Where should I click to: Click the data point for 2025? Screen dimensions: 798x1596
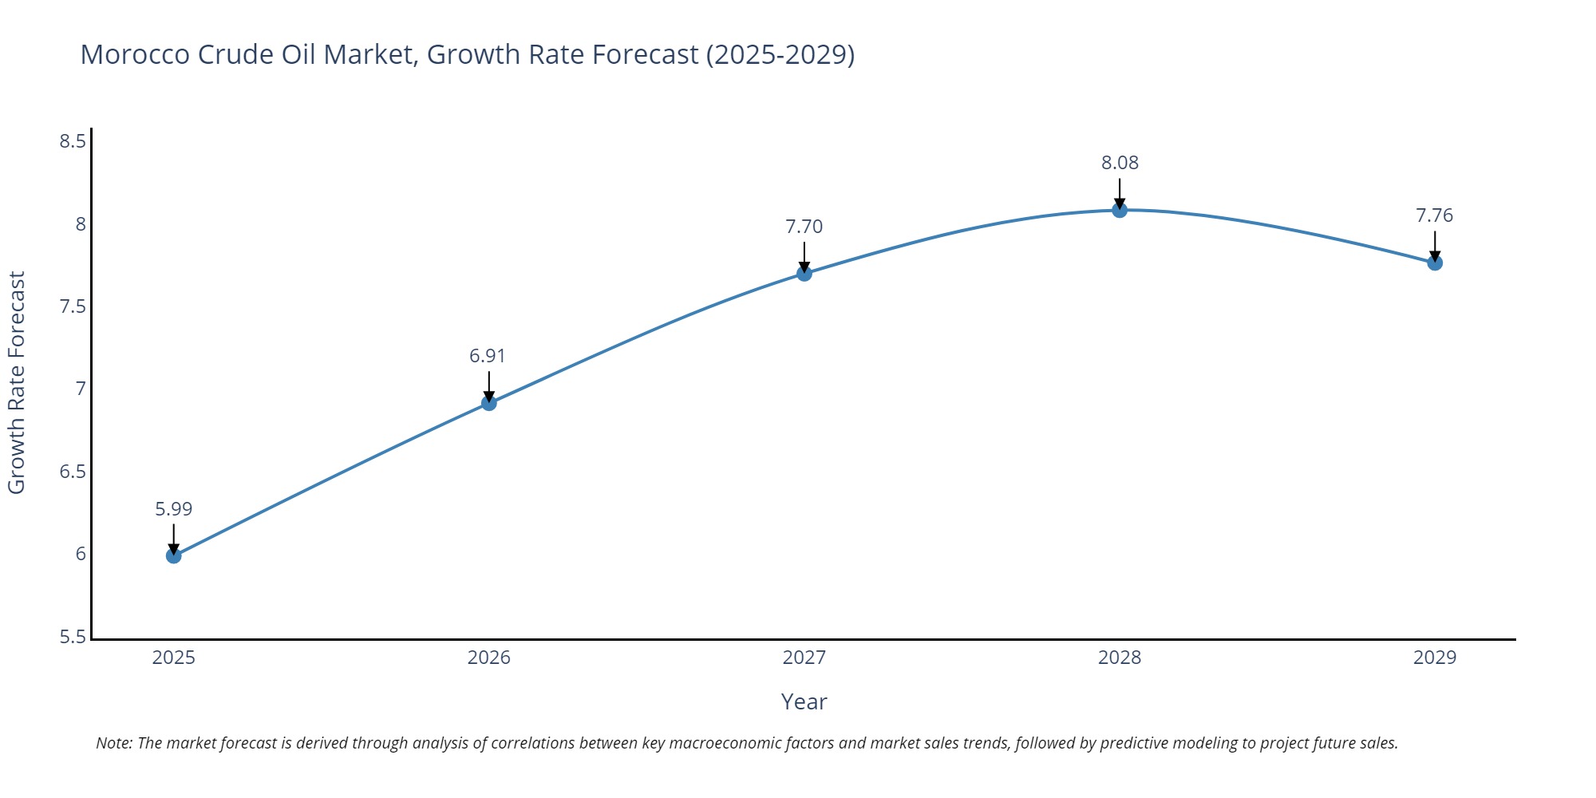174,555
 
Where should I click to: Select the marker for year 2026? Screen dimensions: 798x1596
489,403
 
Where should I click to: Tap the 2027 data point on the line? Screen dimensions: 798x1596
804,273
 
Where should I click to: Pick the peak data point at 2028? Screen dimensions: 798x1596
1120,210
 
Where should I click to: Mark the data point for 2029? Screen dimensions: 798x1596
1435,263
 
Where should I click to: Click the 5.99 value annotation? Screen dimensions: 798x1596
174,509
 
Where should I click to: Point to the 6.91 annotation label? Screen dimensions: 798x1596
488,356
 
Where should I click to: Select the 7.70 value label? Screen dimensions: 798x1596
804,227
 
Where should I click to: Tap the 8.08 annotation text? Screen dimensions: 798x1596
1120,163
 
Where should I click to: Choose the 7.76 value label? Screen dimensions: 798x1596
1435,215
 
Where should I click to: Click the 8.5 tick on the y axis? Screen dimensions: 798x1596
73,142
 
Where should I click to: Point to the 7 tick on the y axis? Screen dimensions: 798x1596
81,389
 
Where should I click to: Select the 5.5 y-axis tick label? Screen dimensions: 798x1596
73,638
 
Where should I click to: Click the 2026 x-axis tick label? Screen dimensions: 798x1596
489,658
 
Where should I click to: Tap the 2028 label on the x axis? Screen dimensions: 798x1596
1120,658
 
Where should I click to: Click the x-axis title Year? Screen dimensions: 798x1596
804,702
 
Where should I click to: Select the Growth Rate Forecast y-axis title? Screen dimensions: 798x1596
17,383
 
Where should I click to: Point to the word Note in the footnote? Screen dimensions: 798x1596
113,743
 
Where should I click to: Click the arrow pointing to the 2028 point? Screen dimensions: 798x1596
1120,193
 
